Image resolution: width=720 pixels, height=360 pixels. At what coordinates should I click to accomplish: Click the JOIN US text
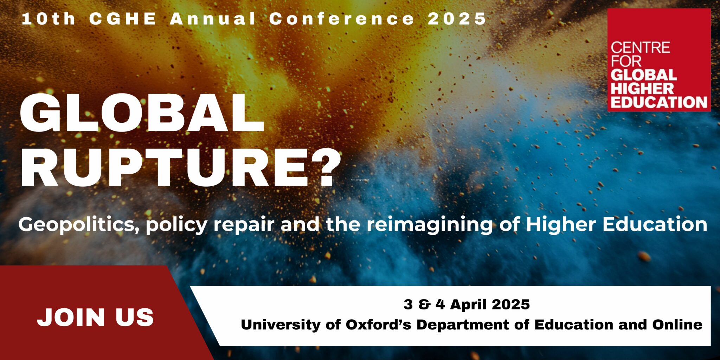pos(95,317)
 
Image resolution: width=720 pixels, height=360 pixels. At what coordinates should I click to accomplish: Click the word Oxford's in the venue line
pos(378,324)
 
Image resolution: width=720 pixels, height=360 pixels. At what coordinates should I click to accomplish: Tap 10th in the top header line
pos(49,19)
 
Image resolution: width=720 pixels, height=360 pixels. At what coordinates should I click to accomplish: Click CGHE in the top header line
pos(122,19)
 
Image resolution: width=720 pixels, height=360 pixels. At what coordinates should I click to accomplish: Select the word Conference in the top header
pos(342,19)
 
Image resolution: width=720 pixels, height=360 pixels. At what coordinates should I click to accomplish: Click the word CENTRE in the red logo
pos(640,47)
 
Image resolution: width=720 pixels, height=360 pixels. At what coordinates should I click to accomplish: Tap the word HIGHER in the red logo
pos(642,89)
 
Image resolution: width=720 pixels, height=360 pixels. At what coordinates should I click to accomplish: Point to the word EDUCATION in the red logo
pos(659,102)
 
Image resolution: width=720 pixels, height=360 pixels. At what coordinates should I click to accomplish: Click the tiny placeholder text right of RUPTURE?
pos(360,180)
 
